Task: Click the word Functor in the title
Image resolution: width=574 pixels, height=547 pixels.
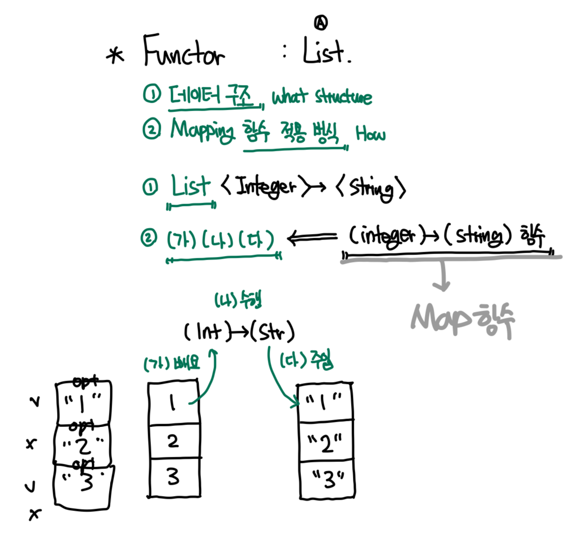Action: [183, 51]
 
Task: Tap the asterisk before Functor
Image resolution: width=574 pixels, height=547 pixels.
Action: [115, 56]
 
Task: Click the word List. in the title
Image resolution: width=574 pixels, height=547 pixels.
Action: [326, 51]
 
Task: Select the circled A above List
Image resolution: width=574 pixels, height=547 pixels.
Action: [321, 22]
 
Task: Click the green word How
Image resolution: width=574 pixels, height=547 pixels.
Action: [370, 134]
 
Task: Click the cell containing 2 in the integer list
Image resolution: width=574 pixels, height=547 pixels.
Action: [173, 441]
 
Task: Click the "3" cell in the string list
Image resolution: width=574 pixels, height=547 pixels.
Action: [327, 479]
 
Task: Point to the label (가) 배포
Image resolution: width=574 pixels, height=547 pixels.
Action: [172, 363]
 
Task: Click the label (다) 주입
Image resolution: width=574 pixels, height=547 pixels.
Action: [306, 360]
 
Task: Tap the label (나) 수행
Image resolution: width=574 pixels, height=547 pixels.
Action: [238, 299]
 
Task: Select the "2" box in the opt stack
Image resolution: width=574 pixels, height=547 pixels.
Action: [83, 445]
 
